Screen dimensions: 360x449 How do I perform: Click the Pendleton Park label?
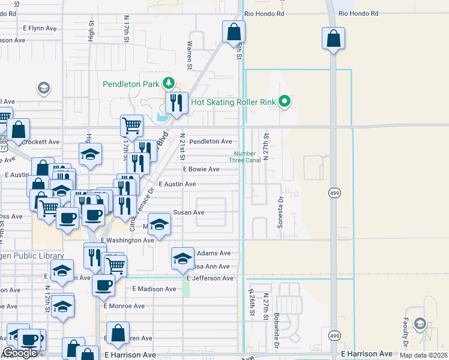pyautogui.click(x=130, y=84)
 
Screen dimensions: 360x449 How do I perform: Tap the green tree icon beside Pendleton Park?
pyautogui.click(x=169, y=83)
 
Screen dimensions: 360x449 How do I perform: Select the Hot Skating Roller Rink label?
pyautogui.click(x=233, y=102)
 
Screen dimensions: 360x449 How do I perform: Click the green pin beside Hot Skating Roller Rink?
pyautogui.click(x=286, y=102)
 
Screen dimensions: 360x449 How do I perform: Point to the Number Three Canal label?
pyautogui.click(x=247, y=157)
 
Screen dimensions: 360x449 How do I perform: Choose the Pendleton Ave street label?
pyautogui.click(x=211, y=142)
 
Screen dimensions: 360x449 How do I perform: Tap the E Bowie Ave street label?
pyautogui.click(x=201, y=170)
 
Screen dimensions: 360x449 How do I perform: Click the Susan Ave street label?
pyautogui.click(x=188, y=212)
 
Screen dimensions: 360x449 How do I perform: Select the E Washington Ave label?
pyautogui.click(x=127, y=240)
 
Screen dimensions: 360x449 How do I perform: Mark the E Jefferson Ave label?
pyautogui.click(x=209, y=278)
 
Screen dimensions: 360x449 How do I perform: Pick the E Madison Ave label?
pyautogui.click(x=154, y=289)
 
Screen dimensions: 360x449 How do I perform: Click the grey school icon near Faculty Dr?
pyautogui.click(x=420, y=325)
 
